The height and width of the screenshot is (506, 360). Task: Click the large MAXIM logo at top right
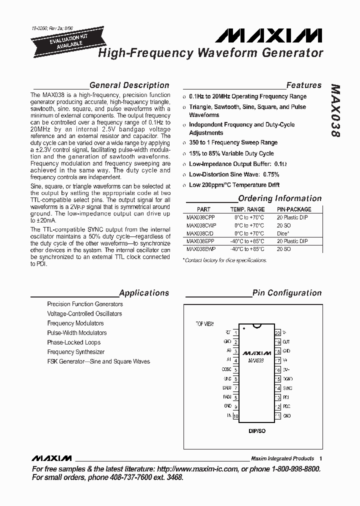pos(269,35)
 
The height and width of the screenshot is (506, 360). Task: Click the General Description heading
pos(129,85)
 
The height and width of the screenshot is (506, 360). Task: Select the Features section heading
pos(303,85)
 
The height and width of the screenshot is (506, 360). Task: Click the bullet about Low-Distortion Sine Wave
pos(233,174)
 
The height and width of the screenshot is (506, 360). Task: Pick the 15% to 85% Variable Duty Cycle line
pos(231,153)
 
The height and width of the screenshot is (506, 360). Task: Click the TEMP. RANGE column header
pos(247,209)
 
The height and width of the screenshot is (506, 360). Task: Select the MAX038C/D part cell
pos(200,233)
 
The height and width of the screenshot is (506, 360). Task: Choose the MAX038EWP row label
pos(201,248)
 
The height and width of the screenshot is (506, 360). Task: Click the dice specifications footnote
pos(225,260)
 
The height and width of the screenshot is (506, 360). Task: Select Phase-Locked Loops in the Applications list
pos(73,342)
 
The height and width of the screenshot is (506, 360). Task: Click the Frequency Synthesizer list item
pos(76,352)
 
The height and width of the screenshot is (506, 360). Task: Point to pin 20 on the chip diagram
pos(277,332)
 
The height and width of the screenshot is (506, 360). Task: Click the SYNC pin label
pos(287,388)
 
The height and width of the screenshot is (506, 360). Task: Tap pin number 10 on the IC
pos(235,416)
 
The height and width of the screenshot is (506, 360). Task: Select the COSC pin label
pos(226,370)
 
